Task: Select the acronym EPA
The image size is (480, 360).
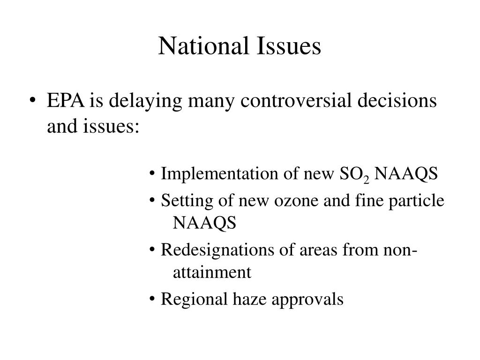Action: (66, 101)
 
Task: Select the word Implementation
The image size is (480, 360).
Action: (220, 174)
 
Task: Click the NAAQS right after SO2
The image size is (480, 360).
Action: (406, 174)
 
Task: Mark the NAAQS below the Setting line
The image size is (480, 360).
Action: (205, 223)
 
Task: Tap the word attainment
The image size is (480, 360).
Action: (212, 272)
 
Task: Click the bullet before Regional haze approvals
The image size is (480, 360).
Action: (153, 299)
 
